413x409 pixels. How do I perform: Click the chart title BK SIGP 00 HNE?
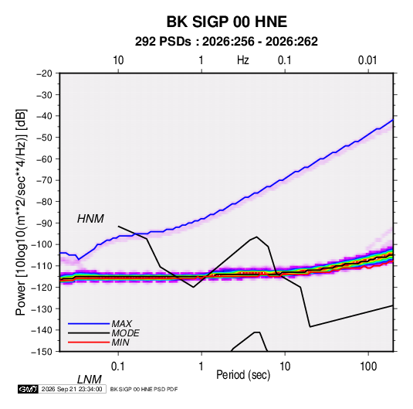pyautogui.click(x=226, y=22)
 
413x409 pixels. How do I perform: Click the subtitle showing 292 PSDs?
pyautogui.click(x=226, y=42)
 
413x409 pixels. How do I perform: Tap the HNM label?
pyautogui.click(x=90, y=219)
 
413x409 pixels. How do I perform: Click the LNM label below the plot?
pyautogui.click(x=89, y=380)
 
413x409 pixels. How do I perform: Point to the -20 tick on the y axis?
pyautogui.click(x=44, y=73)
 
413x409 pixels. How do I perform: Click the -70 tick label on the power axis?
pyautogui.click(x=44, y=180)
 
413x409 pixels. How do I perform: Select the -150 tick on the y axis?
pyautogui.click(x=42, y=352)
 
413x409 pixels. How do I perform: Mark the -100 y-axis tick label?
pyautogui.click(x=42, y=244)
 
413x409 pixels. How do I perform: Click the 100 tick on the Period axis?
pyautogui.click(x=368, y=366)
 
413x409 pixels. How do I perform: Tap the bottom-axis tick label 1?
pyautogui.click(x=201, y=366)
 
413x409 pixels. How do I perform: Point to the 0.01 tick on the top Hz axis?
pyautogui.click(x=367, y=60)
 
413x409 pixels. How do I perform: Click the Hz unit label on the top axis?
pyautogui.click(x=243, y=60)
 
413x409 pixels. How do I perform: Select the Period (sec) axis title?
pyautogui.click(x=243, y=375)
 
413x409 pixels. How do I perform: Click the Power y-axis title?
pyautogui.click(x=21, y=213)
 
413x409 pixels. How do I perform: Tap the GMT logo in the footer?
pyautogui.click(x=29, y=389)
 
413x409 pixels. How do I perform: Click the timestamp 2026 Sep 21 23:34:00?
pyautogui.click(x=72, y=389)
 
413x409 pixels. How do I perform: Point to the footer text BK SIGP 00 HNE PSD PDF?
pyautogui.click(x=144, y=389)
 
